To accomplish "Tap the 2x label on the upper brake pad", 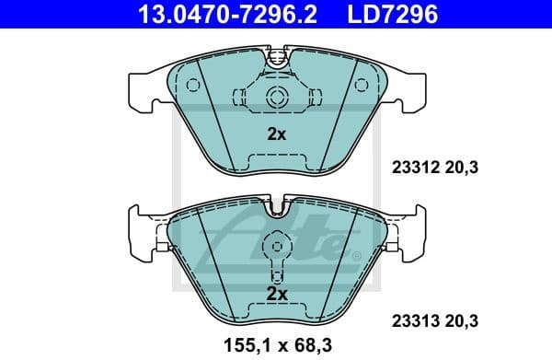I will [276, 134].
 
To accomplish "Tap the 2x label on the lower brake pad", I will [276, 294].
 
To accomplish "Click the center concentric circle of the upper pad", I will [276, 99].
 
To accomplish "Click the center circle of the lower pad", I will [276, 247].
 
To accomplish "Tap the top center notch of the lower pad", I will [276, 211].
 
